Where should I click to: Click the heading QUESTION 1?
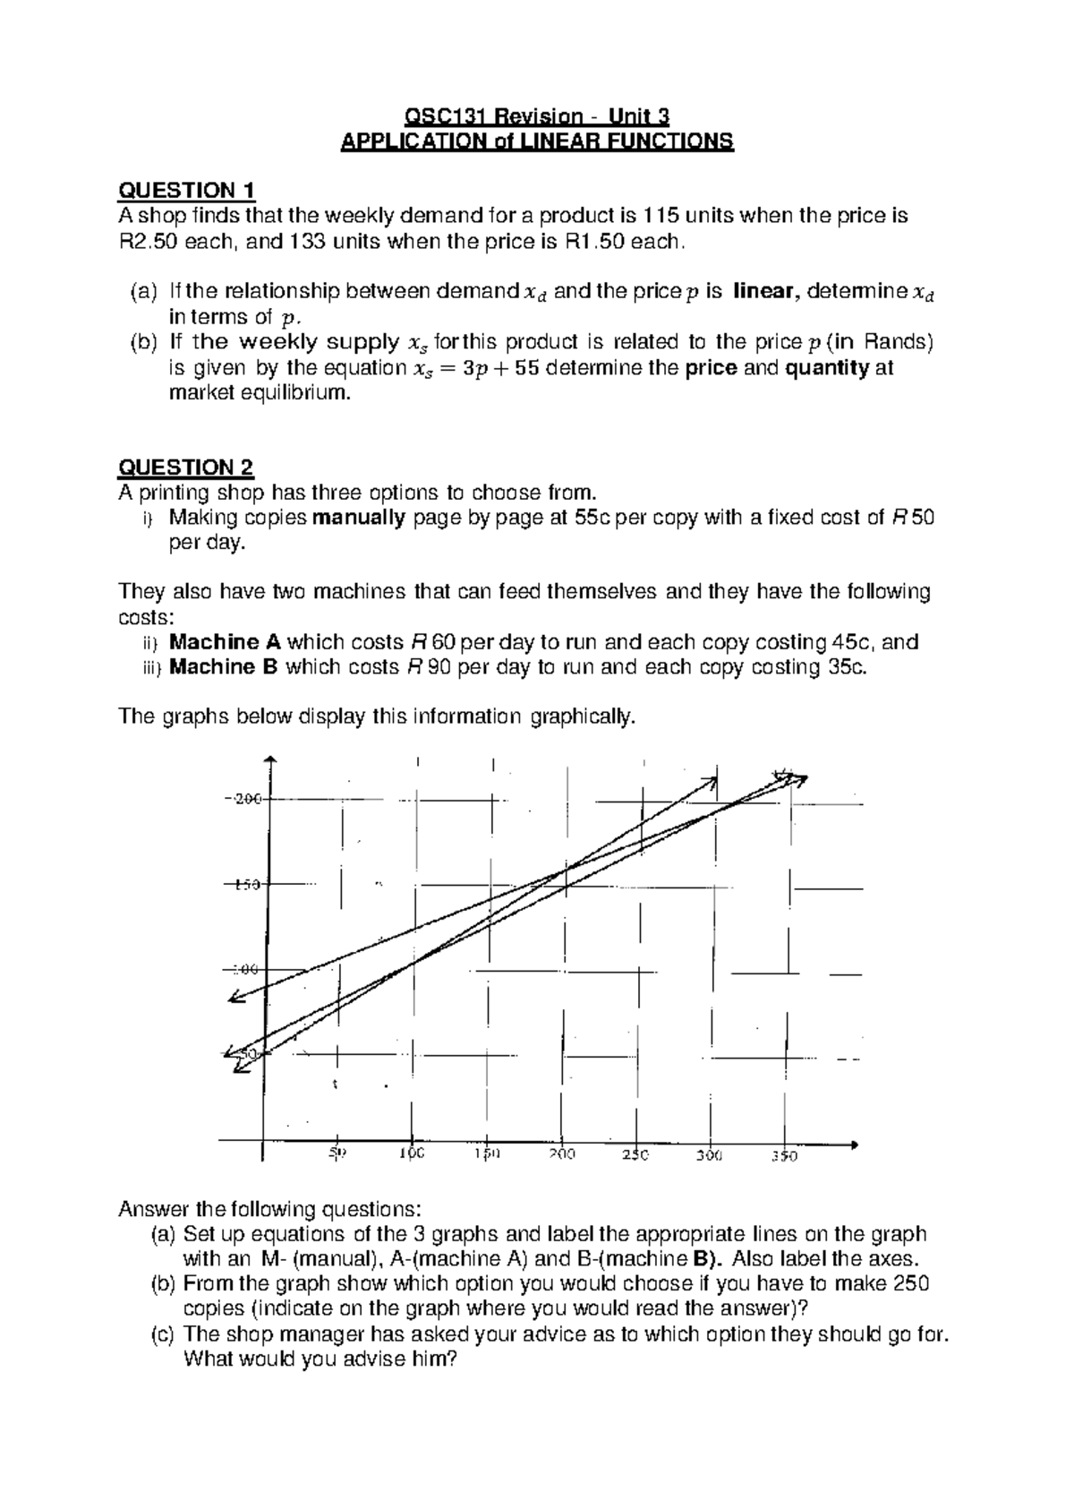click(187, 190)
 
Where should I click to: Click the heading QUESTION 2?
click(187, 467)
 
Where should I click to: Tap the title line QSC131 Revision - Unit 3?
click(537, 116)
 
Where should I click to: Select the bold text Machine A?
click(225, 642)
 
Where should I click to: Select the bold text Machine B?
click(225, 667)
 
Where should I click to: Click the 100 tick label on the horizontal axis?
click(413, 1155)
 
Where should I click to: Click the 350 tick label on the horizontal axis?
click(785, 1156)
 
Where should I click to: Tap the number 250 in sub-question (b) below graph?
click(911, 1283)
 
